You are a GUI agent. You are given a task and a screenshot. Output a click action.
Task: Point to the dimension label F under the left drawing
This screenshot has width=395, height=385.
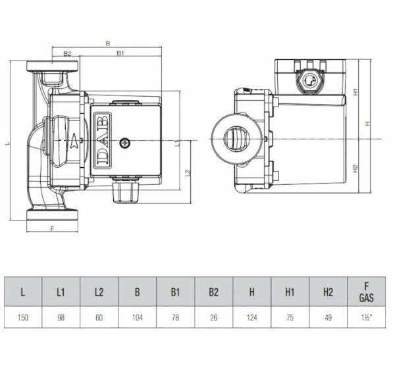52,228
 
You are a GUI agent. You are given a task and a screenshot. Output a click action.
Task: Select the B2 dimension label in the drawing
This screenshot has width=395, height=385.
66,54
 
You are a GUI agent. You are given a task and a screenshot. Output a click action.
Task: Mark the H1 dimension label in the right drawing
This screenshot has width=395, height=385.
355,93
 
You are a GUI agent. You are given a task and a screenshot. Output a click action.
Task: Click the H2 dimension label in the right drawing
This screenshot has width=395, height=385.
355,168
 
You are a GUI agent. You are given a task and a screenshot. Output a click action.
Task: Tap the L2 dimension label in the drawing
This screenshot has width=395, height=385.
188,172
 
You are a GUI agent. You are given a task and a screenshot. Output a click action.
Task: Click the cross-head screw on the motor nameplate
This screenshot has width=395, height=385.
126,141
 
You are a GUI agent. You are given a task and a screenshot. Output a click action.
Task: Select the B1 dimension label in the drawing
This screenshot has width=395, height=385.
121,54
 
